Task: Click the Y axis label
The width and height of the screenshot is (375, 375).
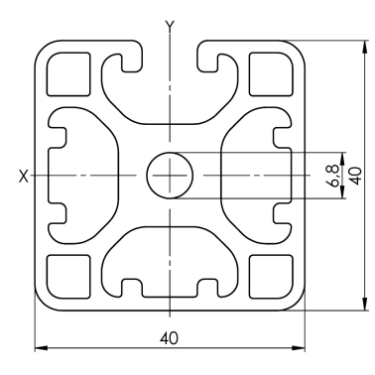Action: (170, 26)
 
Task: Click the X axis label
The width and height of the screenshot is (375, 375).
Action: (24, 176)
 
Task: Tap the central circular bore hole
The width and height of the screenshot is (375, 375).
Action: (170, 176)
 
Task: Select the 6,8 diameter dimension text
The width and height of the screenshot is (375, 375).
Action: (334, 176)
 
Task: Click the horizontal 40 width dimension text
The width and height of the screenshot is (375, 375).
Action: (170, 338)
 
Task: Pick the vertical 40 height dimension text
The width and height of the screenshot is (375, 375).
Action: (356, 176)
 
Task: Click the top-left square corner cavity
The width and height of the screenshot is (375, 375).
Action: (68, 74)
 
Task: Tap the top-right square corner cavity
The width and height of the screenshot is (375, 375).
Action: (271, 74)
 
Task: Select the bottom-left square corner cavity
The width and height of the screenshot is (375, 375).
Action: (68, 277)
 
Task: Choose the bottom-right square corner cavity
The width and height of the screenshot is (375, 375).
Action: (271, 277)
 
